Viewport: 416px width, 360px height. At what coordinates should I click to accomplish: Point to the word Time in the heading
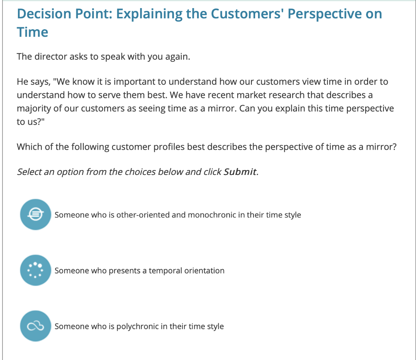(32, 32)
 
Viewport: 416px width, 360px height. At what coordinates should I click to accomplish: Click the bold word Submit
(240, 172)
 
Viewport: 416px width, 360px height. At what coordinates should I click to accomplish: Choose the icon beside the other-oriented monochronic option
(35, 214)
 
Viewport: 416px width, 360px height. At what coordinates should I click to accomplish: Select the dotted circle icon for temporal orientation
(35, 270)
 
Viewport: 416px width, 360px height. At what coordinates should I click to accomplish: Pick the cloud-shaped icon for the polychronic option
(35, 326)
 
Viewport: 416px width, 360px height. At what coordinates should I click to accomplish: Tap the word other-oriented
(143, 215)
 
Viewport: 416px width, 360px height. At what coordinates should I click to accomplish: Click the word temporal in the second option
(165, 271)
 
